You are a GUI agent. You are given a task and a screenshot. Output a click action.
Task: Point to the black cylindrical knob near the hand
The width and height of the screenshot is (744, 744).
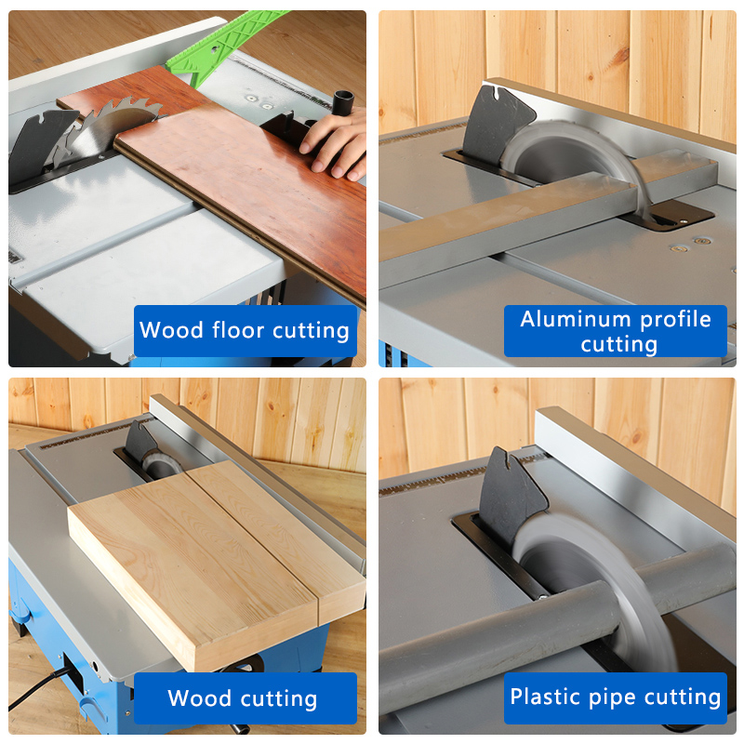pos(343,103)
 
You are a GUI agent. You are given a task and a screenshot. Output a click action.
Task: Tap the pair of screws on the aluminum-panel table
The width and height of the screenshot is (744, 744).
pos(690,245)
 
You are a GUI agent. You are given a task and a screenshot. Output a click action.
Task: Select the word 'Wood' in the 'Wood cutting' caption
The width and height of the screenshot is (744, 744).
pos(200,697)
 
